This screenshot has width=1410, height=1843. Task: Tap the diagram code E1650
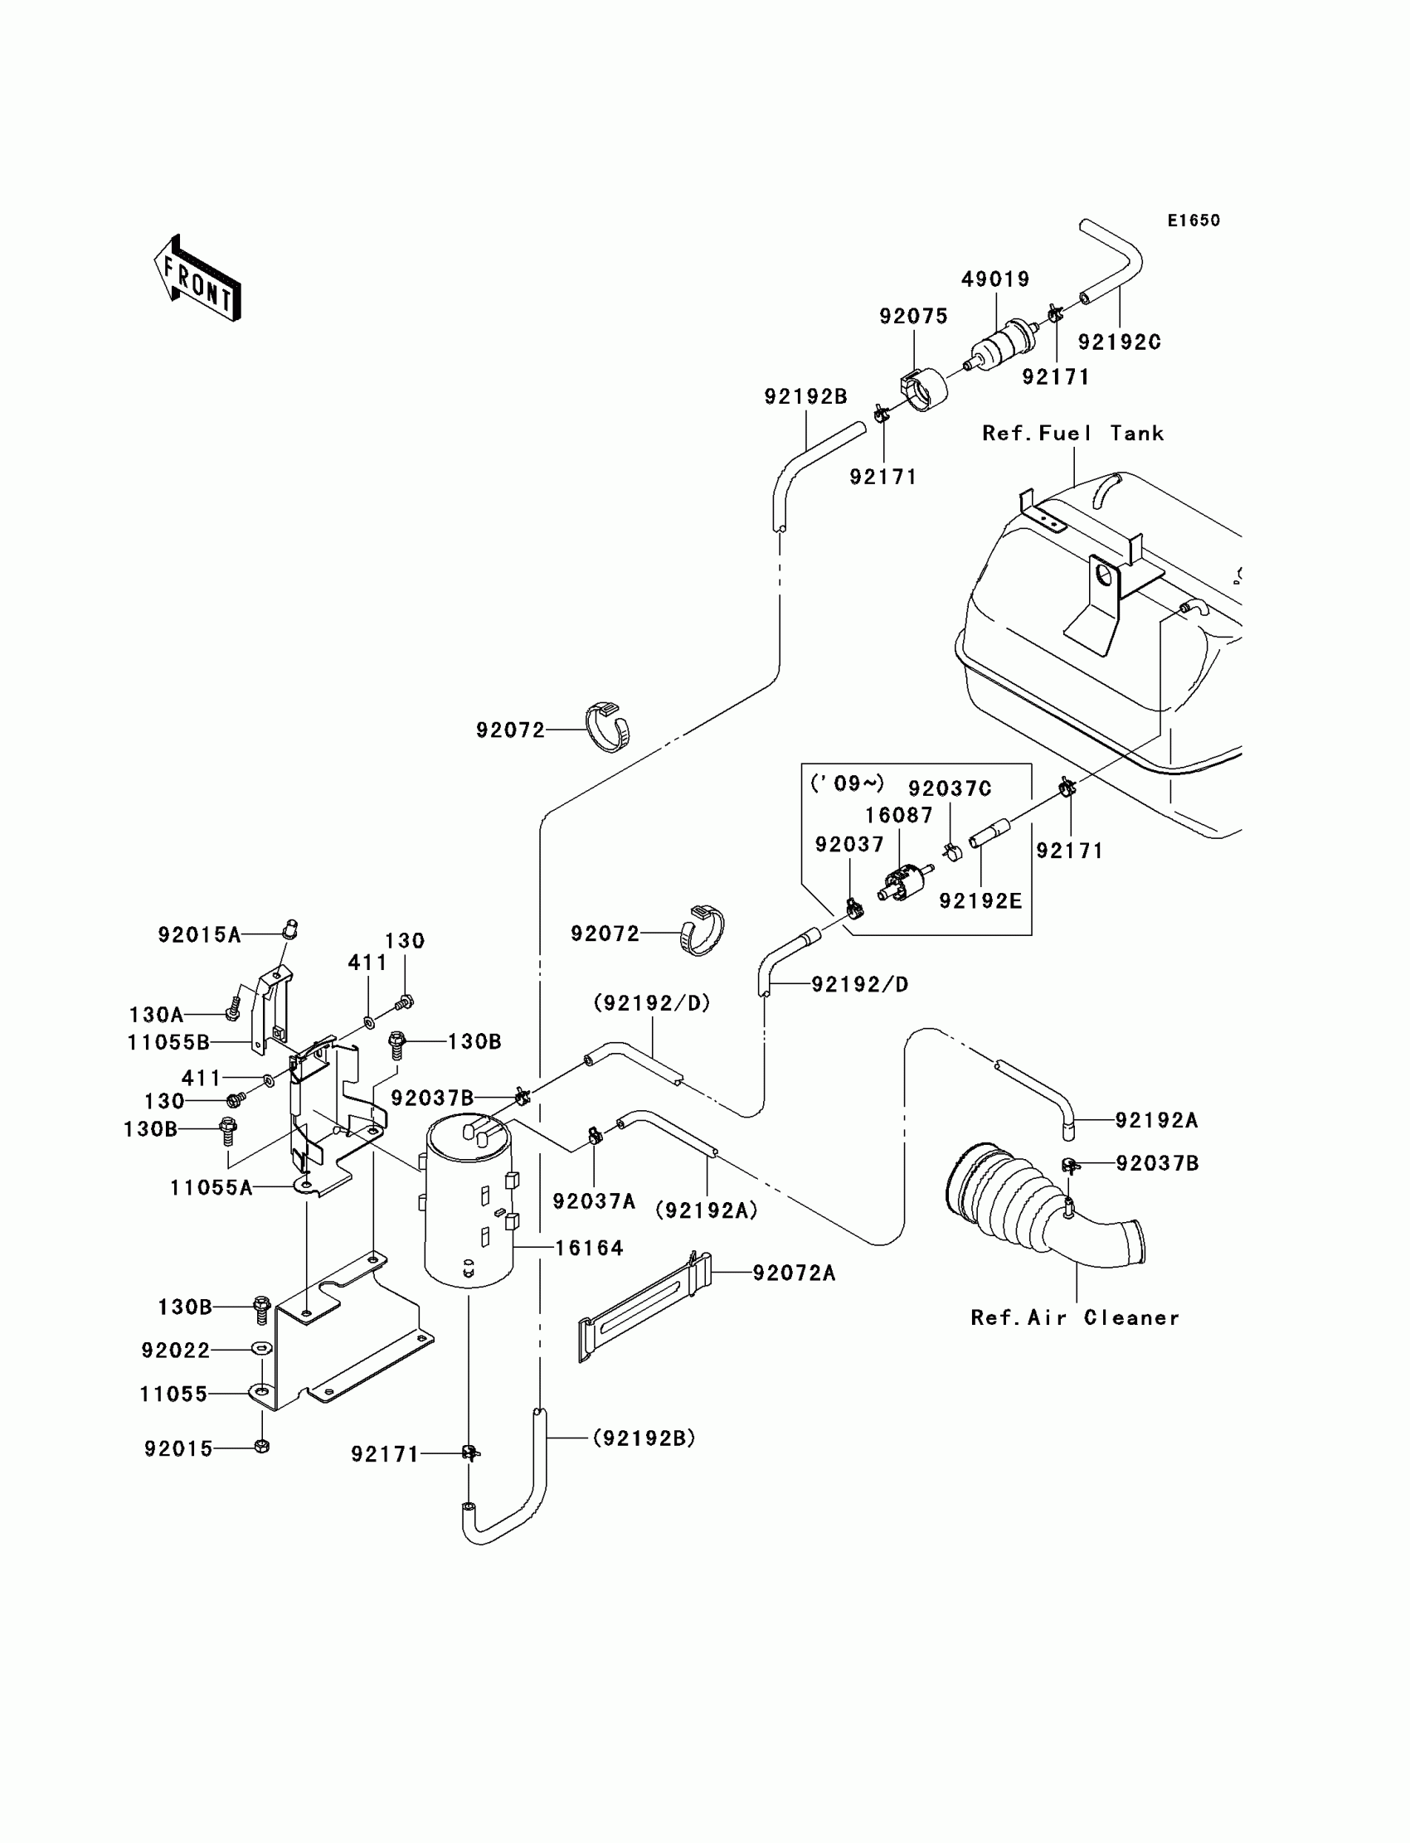coord(1194,221)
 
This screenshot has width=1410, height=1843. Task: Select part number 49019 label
coord(995,279)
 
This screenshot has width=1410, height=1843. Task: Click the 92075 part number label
coord(913,316)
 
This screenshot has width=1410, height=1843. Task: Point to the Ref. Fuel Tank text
coord(1073,433)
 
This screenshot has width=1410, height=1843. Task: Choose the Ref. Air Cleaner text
coord(1075,1317)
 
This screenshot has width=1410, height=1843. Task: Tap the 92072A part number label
coord(794,1273)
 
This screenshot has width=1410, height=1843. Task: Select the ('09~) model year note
coord(848,783)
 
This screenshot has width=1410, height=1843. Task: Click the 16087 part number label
coord(899,816)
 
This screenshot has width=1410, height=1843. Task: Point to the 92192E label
coord(980,901)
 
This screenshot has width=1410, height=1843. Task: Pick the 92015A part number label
coord(200,934)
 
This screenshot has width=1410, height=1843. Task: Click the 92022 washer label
coord(175,1351)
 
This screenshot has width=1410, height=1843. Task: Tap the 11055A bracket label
coord(211,1187)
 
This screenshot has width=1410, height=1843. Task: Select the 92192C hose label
coord(1120,342)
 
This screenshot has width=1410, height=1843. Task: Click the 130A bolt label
coord(156,1015)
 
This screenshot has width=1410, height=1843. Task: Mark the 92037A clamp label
coord(594,1202)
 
